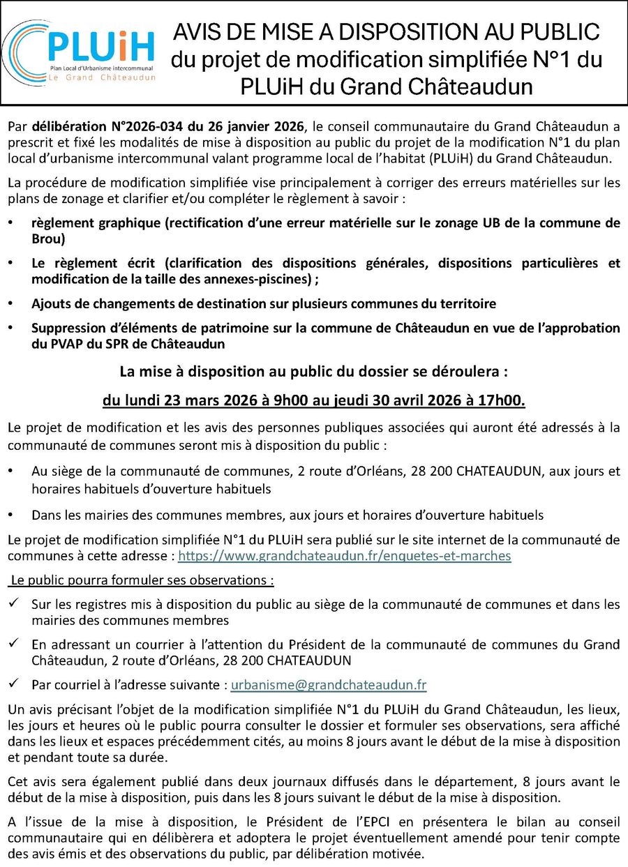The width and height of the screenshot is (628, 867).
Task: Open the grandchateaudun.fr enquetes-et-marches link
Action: pyautogui.click(x=345, y=556)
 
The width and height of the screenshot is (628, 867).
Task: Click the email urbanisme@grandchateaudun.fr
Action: pyautogui.click(x=329, y=685)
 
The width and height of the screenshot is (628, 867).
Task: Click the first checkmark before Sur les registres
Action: pyautogui.click(x=14, y=604)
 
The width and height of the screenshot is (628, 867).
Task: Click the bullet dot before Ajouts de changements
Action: pyautogui.click(x=10, y=303)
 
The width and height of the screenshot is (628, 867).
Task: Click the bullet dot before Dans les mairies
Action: pyautogui.click(x=10, y=515)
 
